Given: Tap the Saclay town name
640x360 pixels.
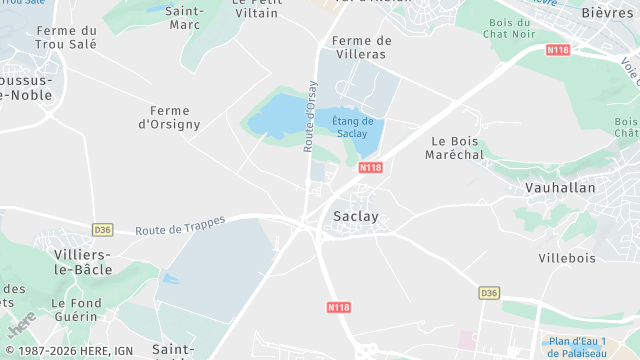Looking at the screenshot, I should click(x=355, y=216).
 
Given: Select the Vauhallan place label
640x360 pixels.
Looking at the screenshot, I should click(x=560, y=187).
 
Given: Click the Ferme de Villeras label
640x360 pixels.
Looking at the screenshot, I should click(x=361, y=47).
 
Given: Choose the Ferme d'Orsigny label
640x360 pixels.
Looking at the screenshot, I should click(x=169, y=117).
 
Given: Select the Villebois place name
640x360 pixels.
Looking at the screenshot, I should click(x=567, y=257).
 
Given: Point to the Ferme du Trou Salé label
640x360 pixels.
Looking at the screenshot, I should click(x=66, y=38).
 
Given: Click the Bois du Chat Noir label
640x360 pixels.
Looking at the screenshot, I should click(x=510, y=29).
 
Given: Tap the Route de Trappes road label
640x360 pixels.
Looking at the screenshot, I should click(x=180, y=225).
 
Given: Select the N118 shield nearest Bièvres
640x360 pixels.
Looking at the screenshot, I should click(x=558, y=49).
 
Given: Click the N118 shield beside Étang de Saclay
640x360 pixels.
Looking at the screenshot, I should click(x=371, y=167).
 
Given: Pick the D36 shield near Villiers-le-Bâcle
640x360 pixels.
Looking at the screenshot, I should click(x=102, y=229).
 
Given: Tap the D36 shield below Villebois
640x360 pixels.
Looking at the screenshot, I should click(x=488, y=293).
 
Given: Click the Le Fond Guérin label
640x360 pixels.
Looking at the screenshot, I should click(x=75, y=309).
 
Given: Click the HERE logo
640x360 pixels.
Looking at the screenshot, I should click(x=22, y=324).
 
